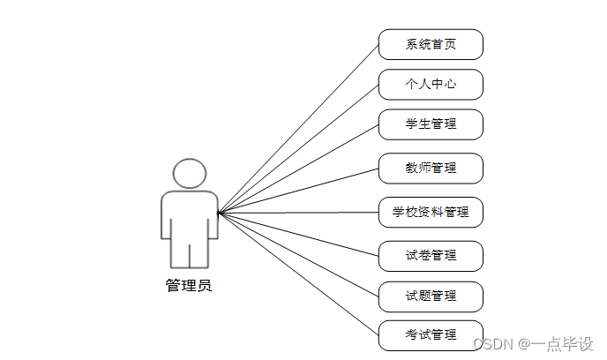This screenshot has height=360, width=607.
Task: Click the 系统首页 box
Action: click(431, 44)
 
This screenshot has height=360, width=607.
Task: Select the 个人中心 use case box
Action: click(431, 85)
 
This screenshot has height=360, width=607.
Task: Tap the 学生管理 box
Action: click(431, 124)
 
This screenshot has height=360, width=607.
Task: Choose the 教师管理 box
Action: click(431, 168)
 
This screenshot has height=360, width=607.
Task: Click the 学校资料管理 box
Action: click(431, 212)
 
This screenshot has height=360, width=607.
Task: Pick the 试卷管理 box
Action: click(431, 256)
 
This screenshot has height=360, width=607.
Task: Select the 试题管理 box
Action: click(431, 296)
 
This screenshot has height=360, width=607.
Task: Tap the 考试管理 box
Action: click(431, 335)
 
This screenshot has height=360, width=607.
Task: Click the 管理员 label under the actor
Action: click(189, 286)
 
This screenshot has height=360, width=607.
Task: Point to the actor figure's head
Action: click(189, 173)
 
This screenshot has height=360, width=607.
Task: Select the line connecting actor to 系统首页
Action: click(298, 128)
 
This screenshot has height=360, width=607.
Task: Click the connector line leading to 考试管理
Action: click(298, 274)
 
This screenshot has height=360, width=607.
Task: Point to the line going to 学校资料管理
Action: click(298, 213)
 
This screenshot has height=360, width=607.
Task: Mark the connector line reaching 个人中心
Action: click(298, 148)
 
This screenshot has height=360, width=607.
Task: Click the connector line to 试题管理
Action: click(298, 254)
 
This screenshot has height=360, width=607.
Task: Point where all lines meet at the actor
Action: click(219, 213)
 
